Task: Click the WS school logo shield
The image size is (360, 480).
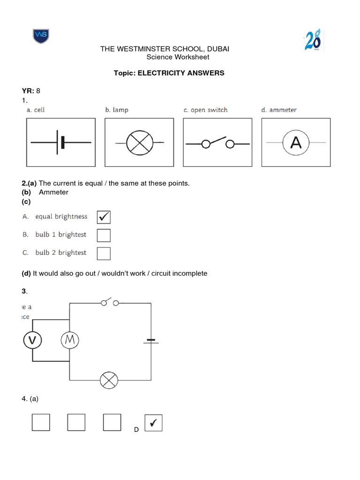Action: pyautogui.click(x=41, y=36)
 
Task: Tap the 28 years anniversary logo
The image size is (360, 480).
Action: pyautogui.click(x=313, y=40)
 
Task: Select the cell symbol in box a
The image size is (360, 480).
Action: pyautogui.click(x=61, y=142)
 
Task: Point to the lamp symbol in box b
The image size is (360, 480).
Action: pyautogui.click(x=139, y=142)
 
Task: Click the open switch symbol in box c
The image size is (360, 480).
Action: pyautogui.click(x=217, y=143)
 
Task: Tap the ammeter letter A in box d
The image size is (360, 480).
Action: pyautogui.click(x=296, y=142)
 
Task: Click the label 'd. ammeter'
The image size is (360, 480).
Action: pyautogui.click(x=279, y=110)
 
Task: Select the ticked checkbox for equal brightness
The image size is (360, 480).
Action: pyautogui.click(x=104, y=217)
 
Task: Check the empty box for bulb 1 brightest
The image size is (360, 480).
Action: pyautogui.click(x=104, y=235)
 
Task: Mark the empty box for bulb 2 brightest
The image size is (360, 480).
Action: pyautogui.click(x=104, y=253)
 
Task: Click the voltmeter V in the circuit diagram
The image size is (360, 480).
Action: pyautogui.click(x=32, y=341)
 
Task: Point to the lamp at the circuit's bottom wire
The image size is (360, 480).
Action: pyautogui.click(x=110, y=380)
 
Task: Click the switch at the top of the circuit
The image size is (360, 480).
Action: pyautogui.click(x=109, y=302)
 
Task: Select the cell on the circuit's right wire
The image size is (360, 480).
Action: pyautogui.click(x=151, y=341)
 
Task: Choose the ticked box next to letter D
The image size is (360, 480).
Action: pyautogui.click(x=153, y=423)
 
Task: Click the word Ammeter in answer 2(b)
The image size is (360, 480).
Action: pyautogui.click(x=53, y=192)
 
